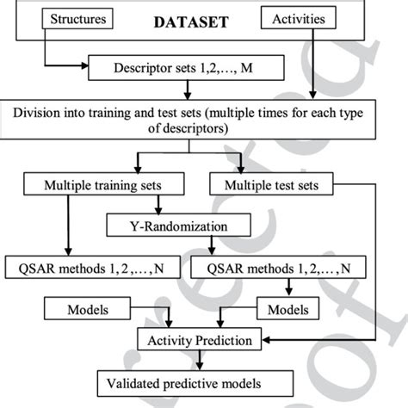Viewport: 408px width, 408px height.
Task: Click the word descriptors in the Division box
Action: click(193, 129)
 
